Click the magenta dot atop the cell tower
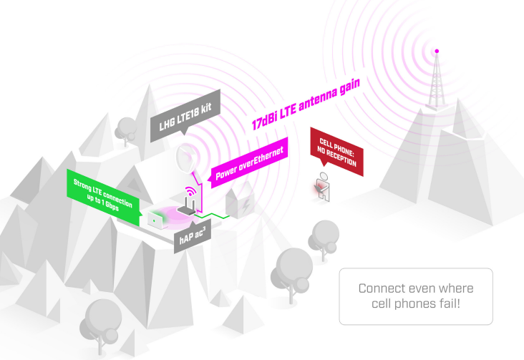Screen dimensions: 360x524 click(437, 51)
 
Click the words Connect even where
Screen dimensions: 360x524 click(415, 288)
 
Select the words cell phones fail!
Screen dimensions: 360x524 click(415, 304)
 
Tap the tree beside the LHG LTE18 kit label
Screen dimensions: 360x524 click(127, 127)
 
